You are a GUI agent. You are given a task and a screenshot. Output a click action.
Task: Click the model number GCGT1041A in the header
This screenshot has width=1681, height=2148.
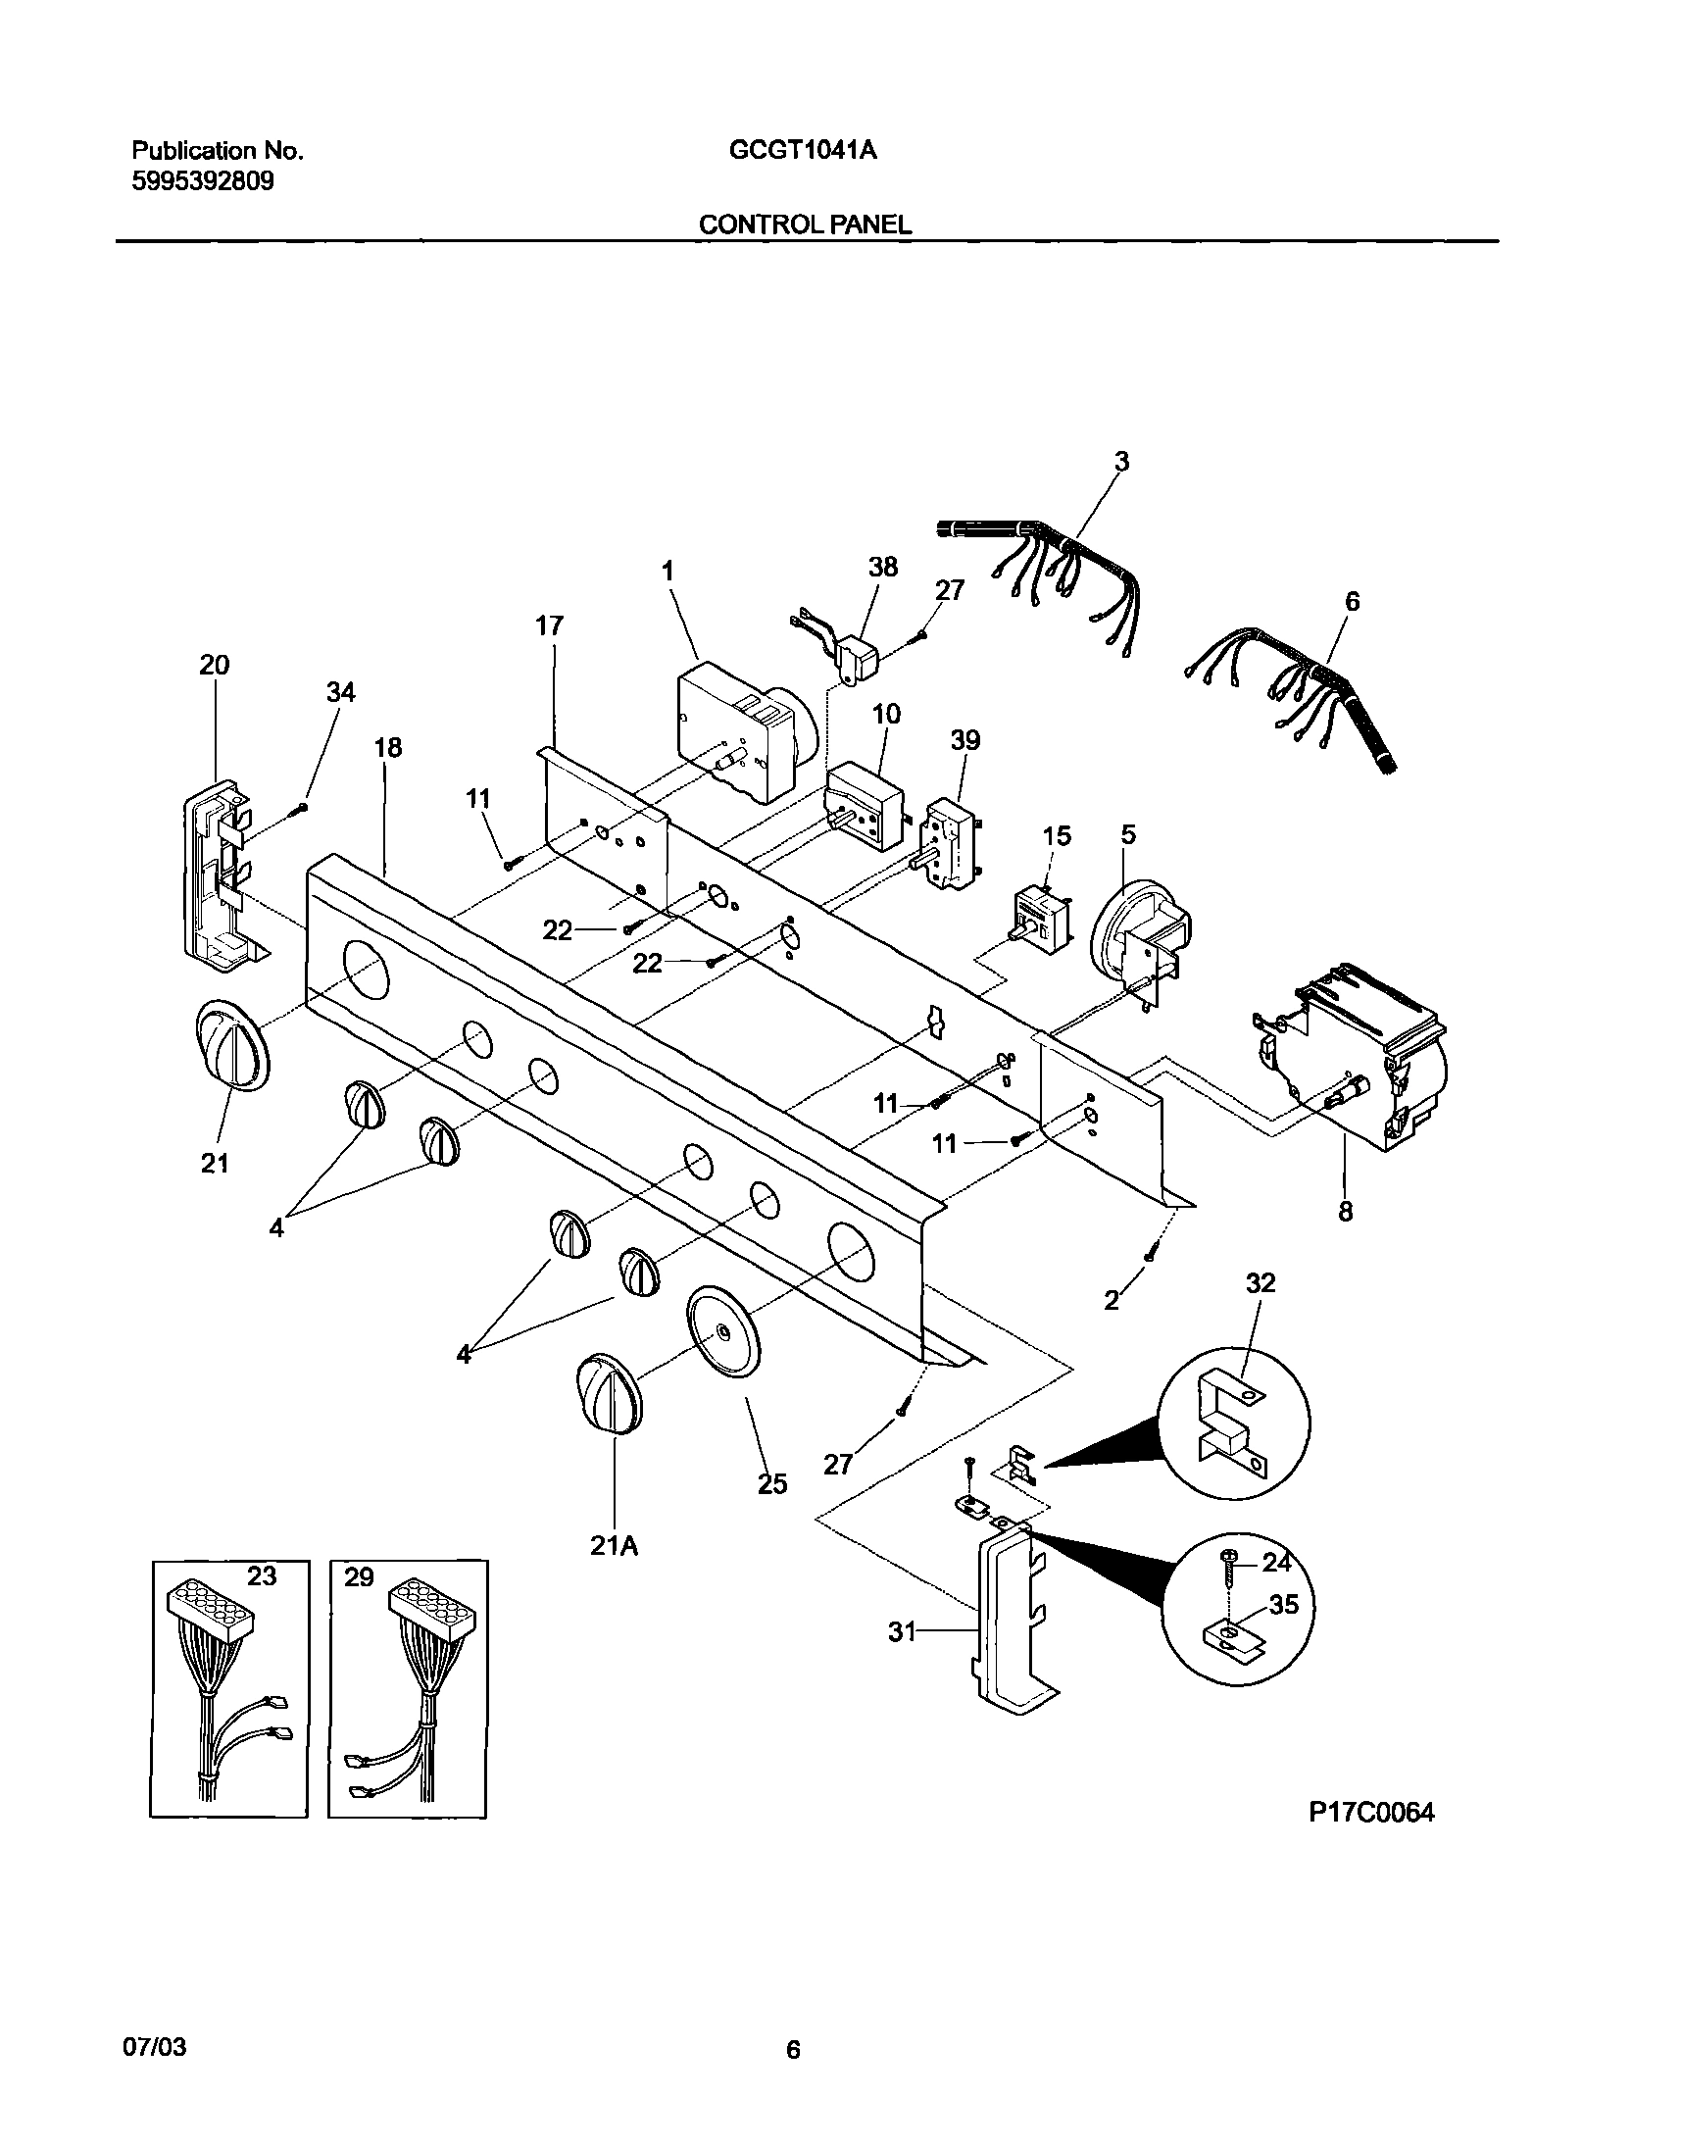(x=803, y=150)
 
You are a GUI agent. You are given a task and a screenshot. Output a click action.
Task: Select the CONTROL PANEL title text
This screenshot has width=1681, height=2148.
(x=804, y=225)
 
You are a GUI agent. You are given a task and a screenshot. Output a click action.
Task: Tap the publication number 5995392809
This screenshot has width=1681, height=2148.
(x=203, y=181)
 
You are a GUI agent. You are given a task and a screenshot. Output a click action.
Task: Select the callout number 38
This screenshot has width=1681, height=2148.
(x=883, y=567)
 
